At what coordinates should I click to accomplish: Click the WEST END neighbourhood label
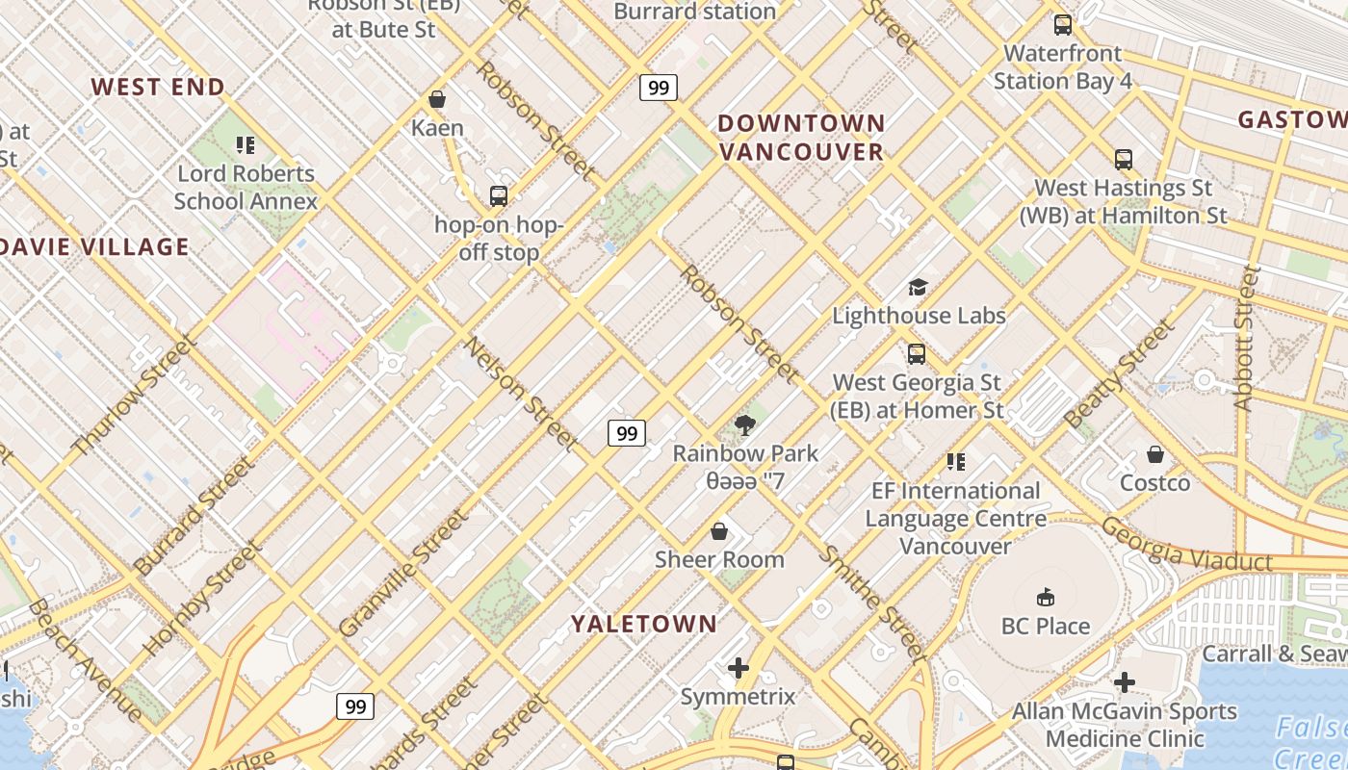(x=158, y=87)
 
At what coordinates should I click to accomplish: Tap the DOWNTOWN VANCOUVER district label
(x=801, y=137)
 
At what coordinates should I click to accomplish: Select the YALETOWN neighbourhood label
(x=644, y=624)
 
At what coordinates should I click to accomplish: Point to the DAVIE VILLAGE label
(x=95, y=246)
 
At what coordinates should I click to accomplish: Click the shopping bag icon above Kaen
(x=437, y=99)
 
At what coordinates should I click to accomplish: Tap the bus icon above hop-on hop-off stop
(x=498, y=196)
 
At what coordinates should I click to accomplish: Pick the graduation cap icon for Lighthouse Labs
(x=918, y=287)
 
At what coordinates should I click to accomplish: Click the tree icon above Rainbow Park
(x=744, y=424)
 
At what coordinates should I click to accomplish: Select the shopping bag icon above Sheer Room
(x=719, y=531)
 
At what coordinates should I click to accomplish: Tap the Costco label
(x=1154, y=482)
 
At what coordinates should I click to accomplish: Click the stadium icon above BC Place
(x=1045, y=598)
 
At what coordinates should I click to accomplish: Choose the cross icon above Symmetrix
(x=739, y=668)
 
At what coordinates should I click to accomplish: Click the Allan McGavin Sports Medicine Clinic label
(x=1124, y=725)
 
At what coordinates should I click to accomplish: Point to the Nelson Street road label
(x=520, y=393)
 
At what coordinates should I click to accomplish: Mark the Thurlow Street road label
(x=135, y=395)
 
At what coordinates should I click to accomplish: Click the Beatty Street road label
(x=1120, y=373)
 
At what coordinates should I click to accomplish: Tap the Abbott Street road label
(x=1247, y=338)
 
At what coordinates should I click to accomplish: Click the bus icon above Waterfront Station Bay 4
(x=1063, y=25)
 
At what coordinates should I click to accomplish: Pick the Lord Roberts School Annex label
(x=246, y=188)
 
